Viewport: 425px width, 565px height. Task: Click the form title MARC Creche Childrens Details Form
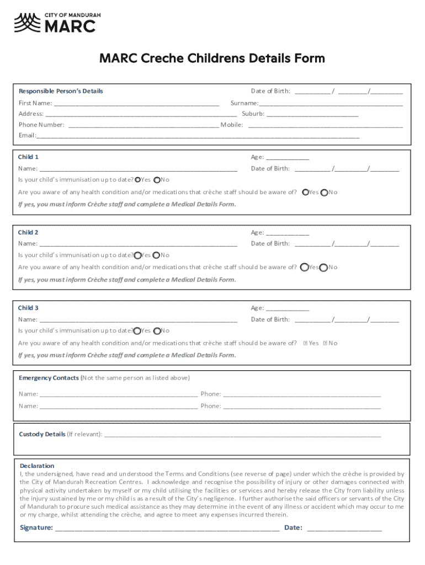tap(212, 58)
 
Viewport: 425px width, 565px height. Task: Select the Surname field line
tap(331, 103)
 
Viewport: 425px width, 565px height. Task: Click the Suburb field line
tap(312, 114)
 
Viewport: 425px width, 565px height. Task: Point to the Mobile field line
tap(326, 125)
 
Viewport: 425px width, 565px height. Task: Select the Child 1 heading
tap(28, 157)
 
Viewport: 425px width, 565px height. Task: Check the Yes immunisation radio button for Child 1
tap(138, 180)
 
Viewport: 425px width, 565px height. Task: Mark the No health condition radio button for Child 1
tap(324, 193)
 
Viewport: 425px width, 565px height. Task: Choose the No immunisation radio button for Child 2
tap(157, 255)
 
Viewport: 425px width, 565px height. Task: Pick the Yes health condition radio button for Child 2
tap(305, 268)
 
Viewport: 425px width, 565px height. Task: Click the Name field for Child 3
tap(139, 319)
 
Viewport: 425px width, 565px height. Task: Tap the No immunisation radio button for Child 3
tap(157, 331)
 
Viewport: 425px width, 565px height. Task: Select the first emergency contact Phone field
tap(301, 394)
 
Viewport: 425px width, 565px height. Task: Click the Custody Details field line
tap(242, 434)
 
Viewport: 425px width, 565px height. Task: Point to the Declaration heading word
tap(37, 466)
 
